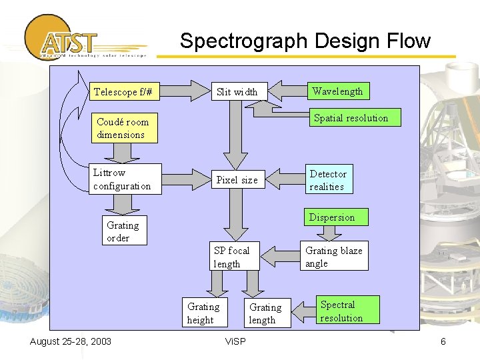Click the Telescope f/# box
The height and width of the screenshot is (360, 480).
pyautogui.click(x=126, y=91)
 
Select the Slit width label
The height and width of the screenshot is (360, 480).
pyautogui.click(x=237, y=92)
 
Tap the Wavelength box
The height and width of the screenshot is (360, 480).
pyautogui.click(x=337, y=91)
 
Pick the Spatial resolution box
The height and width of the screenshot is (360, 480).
pyautogui.click(x=351, y=118)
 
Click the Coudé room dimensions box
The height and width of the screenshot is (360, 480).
pyautogui.click(x=124, y=128)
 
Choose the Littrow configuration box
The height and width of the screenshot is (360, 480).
pyautogui.click(x=125, y=179)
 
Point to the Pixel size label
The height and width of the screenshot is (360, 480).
pyautogui.click(x=237, y=180)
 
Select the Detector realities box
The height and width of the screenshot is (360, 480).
pyautogui.click(x=329, y=180)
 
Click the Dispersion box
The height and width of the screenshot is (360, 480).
pyautogui.click(x=331, y=217)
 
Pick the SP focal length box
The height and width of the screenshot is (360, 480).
pyautogui.click(x=233, y=257)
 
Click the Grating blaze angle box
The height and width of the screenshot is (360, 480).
pyautogui.click(x=334, y=257)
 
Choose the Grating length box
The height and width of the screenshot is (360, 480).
pyautogui.click(x=266, y=313)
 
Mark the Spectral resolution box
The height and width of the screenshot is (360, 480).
pyautogui.click(x=346, y=311)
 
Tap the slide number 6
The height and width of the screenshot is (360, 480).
pyautogui.click(x=443, y=342)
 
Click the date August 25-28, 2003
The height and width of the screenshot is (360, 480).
pyautogui.click(x=71, y=342)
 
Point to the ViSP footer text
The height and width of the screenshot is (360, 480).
pyautogui.click(x=235, y=342)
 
